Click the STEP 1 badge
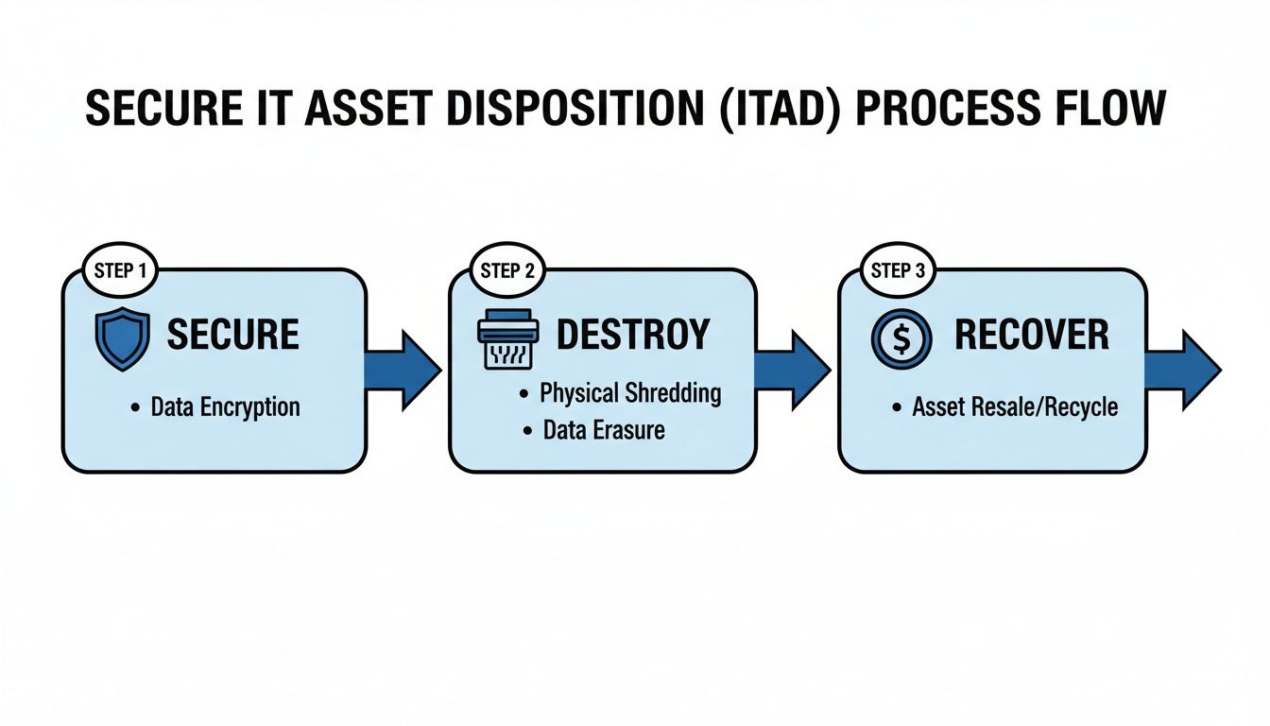(121, 270)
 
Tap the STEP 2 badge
(507, 270)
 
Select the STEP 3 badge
(897, 270)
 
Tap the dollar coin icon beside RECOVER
(901, 339)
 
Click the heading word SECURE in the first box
(232, 335)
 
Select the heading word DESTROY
(632, 335)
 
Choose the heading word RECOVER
(1032, 335)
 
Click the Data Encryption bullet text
(225, 407)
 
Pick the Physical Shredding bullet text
(630, 393)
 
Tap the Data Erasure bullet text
(604, 431)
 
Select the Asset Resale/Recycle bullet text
(1015, 407)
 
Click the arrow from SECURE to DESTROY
(403, 370)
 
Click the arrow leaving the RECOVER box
(1182, 370)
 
